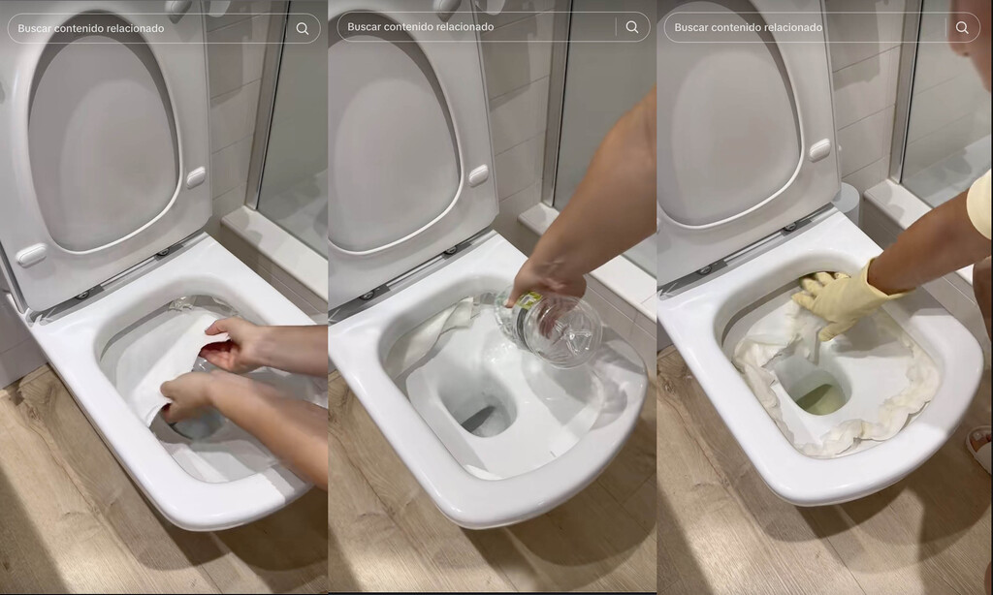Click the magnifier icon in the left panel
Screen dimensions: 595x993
303,28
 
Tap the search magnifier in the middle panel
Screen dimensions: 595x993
632,27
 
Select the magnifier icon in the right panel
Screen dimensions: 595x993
962,27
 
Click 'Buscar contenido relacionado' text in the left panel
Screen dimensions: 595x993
91,28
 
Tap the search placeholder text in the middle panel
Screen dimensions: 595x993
421,27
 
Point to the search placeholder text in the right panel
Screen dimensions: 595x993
748,27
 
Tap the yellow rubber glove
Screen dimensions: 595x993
840,299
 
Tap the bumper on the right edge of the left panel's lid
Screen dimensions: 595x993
197,176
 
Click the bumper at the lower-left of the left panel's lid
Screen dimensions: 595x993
31,255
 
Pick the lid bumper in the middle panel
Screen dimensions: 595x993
477,175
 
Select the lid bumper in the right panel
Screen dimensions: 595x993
820,150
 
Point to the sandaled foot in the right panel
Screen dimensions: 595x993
979,445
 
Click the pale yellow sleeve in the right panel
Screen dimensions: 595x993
980,204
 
